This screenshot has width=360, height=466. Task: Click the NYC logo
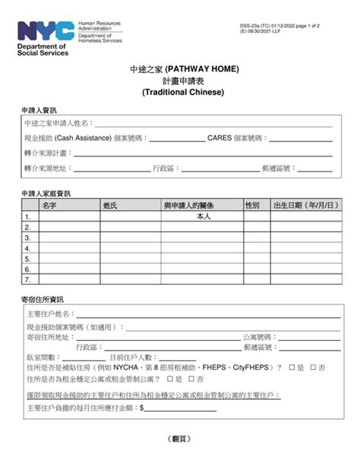click(46, 31)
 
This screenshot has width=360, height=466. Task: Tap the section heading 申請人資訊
click(38, 111)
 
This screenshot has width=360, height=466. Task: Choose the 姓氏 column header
click(110, 206)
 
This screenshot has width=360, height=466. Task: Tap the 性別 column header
click(252, 206)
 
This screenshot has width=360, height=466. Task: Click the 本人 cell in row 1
click(203, 216)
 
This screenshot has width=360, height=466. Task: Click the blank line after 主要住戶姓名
click(205, 315)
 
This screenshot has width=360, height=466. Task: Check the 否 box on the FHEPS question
click(314, 367)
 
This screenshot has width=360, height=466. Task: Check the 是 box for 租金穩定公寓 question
click(169, 379)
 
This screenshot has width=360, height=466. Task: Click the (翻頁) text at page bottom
click(179, 439)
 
